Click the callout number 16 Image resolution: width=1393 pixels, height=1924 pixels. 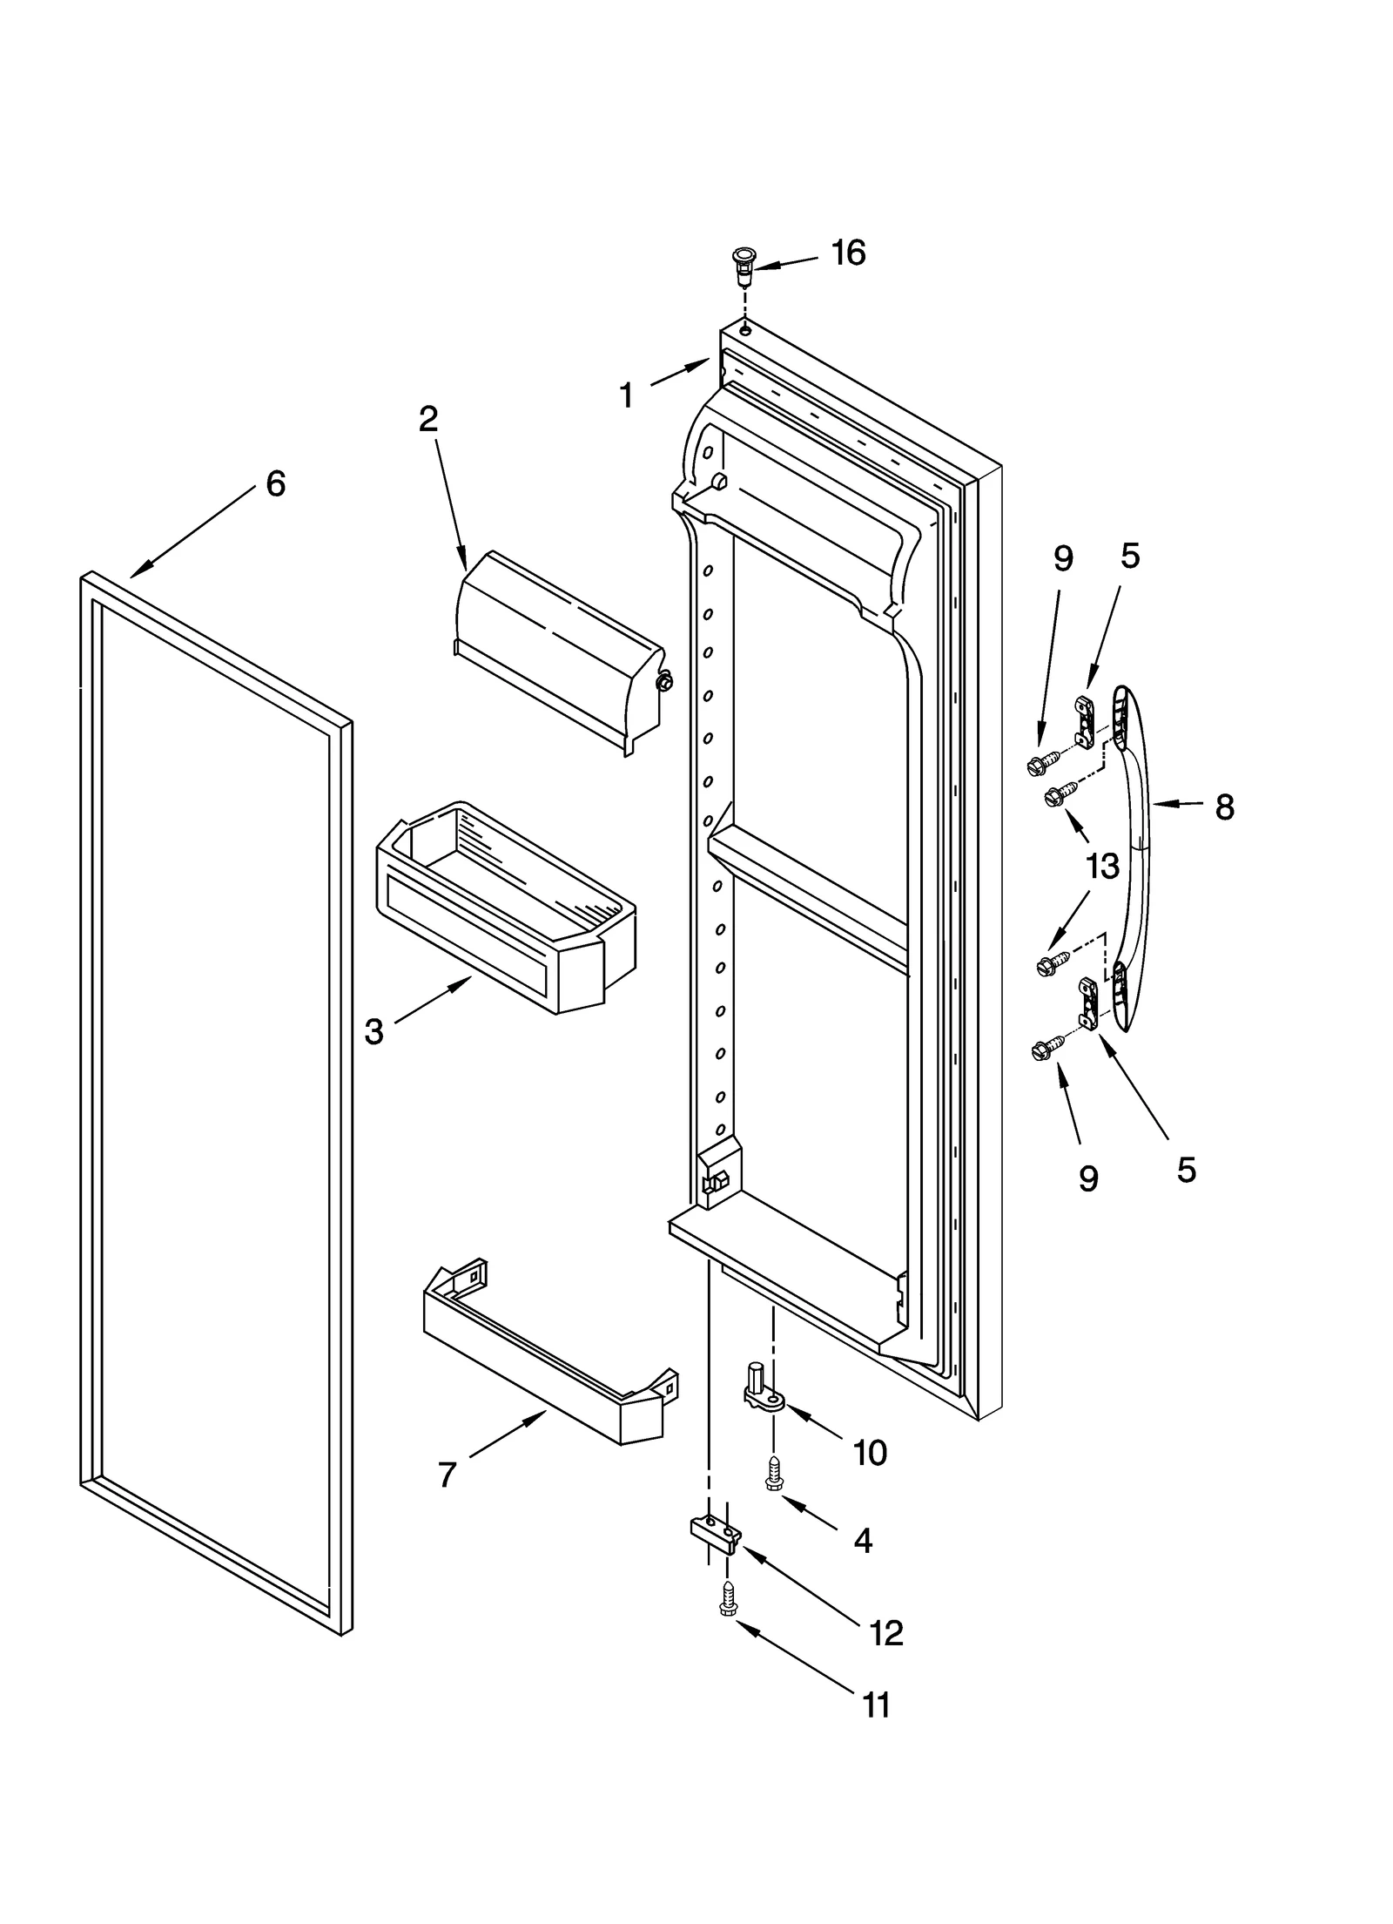coord(847,253)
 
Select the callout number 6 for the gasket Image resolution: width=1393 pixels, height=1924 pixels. coord(275,483)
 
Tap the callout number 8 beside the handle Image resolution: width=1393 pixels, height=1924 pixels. coord(1224,807)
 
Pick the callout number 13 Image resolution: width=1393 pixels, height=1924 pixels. coord(1101,867)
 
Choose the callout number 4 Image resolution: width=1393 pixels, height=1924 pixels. coord(862,1542)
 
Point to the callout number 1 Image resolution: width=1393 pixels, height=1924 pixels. coord(626,396)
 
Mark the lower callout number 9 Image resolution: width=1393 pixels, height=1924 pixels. coord(1087,1179)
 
